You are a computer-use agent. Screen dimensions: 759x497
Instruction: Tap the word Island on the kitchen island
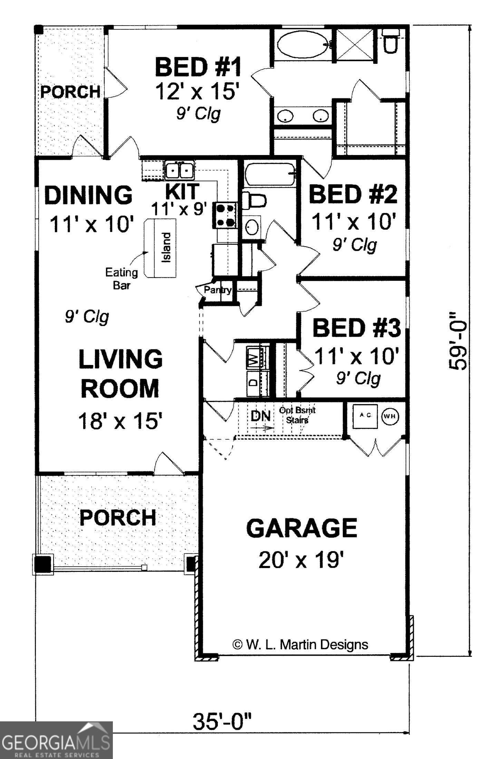[x=166, y=248]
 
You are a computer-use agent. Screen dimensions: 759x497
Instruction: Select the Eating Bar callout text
[x=121, y=278]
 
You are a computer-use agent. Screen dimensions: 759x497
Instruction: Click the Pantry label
[x=217, y=289]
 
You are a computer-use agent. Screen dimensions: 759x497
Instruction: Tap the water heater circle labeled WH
[x=390, y=416]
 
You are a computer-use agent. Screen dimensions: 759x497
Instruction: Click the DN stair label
[x=261, y=416]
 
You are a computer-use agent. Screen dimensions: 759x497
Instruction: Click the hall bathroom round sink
[x=252, y=227]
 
